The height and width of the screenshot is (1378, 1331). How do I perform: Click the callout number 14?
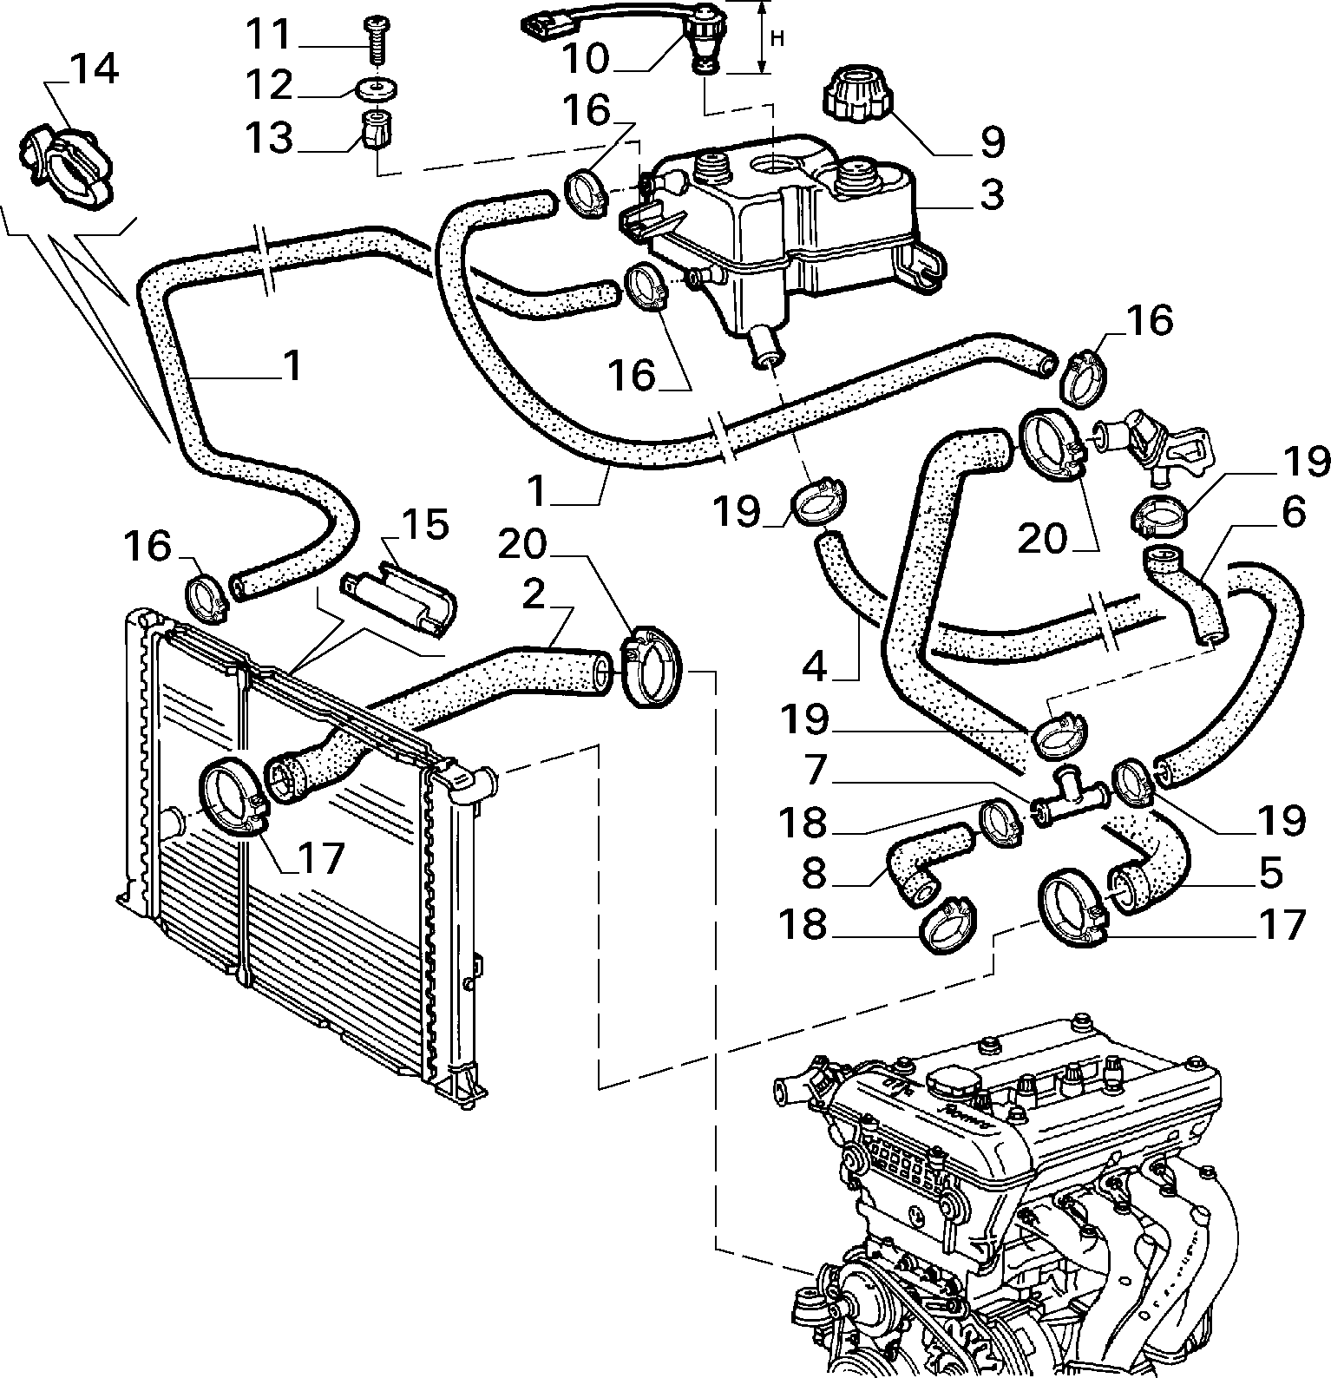tap(93, 70)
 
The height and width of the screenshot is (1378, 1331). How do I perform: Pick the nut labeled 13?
tap(375, 130)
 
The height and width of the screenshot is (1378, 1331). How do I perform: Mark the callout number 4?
tap(816, 666)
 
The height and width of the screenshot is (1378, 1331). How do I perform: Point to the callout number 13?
tap(269, 138)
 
